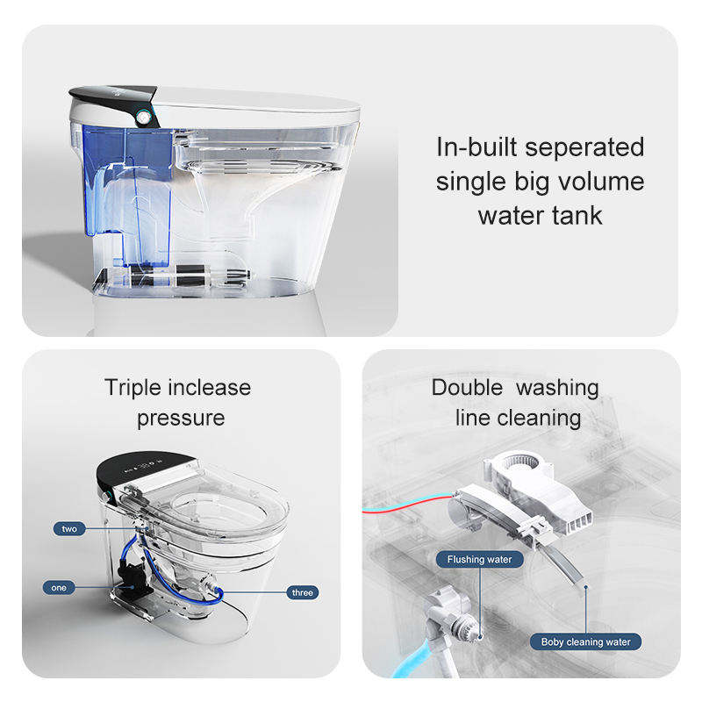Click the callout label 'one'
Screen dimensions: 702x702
click(59, 587)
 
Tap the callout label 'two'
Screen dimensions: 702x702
click(69, 529)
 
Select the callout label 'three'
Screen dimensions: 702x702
click(303, 592)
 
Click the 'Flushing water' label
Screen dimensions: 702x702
click(479, 559)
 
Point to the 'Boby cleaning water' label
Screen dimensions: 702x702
click(585, 641)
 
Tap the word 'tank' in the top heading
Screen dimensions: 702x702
click(577, 215)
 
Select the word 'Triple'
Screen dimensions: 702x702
click(133, 389)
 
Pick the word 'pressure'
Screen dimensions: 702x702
click(181, 419)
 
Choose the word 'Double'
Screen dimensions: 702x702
click(467, 388)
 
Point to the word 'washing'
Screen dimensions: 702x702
click(557, 389)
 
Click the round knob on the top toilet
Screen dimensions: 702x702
click(143, 118)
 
